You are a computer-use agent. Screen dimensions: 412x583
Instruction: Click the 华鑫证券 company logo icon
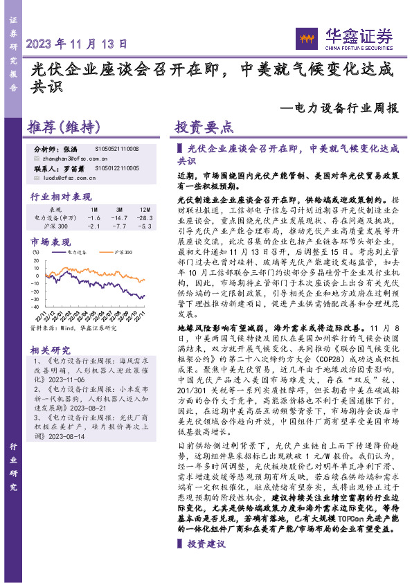coord(305,37)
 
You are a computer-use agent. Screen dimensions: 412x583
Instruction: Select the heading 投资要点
coord(204,127)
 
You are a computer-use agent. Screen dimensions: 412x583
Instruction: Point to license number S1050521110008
coord(117,149)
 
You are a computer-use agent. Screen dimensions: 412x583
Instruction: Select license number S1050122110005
coord(117,168)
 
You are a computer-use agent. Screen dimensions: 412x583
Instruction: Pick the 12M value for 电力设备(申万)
coord(144,217)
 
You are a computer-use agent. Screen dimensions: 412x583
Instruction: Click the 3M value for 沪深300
coord(119,226)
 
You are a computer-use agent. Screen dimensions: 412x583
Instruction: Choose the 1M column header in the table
coord(94,208)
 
